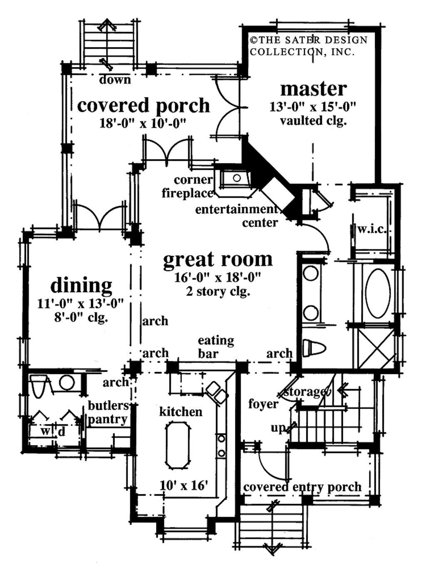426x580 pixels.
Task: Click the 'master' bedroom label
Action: (x=313, y=89)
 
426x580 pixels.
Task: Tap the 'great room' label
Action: (x=218, y=259)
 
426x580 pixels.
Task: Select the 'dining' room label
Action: (x=81, y=286)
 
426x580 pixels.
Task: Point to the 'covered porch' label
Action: (x=144, y=105)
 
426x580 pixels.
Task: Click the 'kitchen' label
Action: (x=181, y=412)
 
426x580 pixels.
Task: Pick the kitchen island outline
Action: (x=178, y=445)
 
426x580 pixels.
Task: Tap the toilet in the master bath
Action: (x=313, y=348)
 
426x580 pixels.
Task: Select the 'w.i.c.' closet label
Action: (x=372, y=229)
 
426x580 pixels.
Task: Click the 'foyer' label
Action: (x=263, y=404)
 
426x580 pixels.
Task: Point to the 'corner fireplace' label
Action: (x=188, y=186)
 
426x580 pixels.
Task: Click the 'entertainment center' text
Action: (x=237, y=215)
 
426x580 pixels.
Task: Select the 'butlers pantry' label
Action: (x=108, y=412)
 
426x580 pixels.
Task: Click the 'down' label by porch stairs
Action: (x=115, y=80)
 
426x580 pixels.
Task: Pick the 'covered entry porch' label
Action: (x=302, y=487)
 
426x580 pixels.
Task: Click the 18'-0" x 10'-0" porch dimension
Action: (x=142, y=123)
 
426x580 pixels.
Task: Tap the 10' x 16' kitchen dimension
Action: (x=183, y=485)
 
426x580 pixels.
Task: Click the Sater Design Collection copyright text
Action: (x=308, y=46)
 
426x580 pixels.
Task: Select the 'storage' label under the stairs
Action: (x=305, y=391)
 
